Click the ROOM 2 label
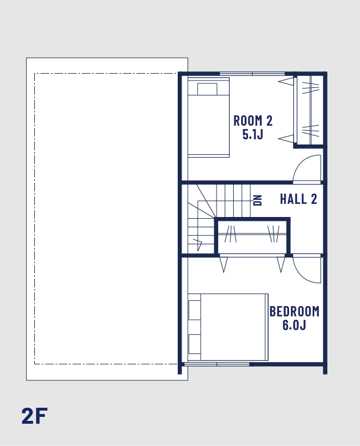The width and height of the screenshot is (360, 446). (253, 120)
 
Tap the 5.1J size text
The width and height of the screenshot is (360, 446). (253, 134)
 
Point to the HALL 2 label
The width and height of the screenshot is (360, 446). (298, 199)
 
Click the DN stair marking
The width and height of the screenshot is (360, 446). (258, 200)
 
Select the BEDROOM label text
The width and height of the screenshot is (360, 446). (294, 311)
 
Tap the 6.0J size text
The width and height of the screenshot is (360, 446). (294, 325)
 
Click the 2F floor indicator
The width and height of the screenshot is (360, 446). (34, 416)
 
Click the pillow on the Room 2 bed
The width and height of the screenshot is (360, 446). (207, 89)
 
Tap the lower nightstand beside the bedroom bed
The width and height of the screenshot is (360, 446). (195, 344)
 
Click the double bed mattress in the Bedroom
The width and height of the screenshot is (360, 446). (234, 327)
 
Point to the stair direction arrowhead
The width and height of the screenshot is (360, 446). (198, 244)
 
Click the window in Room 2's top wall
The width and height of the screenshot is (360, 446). (252, 74)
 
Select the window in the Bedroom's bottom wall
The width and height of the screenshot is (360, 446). (217, 364)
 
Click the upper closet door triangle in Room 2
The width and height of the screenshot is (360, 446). (286, 81)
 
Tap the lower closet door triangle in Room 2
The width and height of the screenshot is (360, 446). (286, 139)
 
